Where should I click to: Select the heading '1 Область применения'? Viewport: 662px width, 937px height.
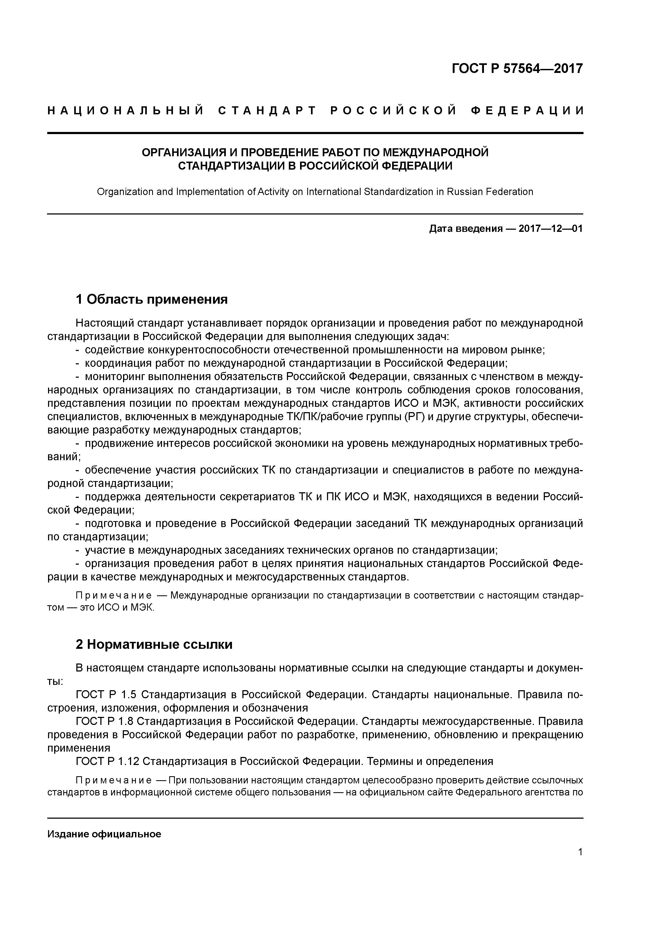(151, 299)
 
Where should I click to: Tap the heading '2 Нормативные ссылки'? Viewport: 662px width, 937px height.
(154, 645)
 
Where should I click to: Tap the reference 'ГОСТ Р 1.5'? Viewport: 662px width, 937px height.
(107, 694)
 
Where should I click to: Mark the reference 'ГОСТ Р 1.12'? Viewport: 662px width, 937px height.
(108, 762)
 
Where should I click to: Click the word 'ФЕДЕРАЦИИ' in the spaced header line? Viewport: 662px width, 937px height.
(527, 111)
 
